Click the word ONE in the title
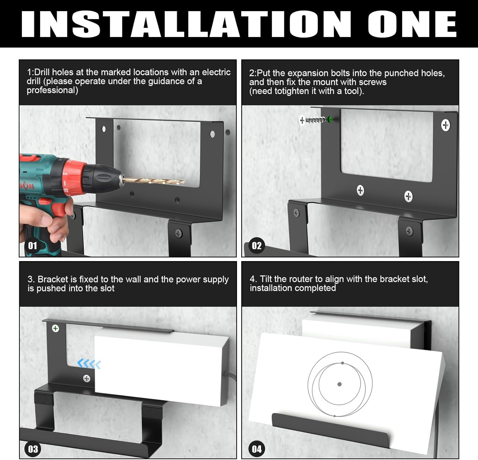[412, 24]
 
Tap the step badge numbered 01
[33, 246]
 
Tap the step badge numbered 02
[257, 246]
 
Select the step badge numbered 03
[33, 449]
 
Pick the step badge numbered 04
[257, 449]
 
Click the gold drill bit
[153, 181]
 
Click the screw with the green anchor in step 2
[316, 120]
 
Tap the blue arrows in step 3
[89, 364]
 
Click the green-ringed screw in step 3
[55, 328]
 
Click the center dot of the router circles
[339, 384]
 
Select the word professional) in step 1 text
[53, 91]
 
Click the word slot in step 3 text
[107, 288]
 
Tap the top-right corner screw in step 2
[445, 125]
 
